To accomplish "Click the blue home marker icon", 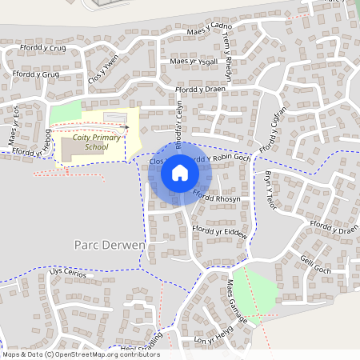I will tap(179, 172).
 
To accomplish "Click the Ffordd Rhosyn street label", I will tap(218, 198).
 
